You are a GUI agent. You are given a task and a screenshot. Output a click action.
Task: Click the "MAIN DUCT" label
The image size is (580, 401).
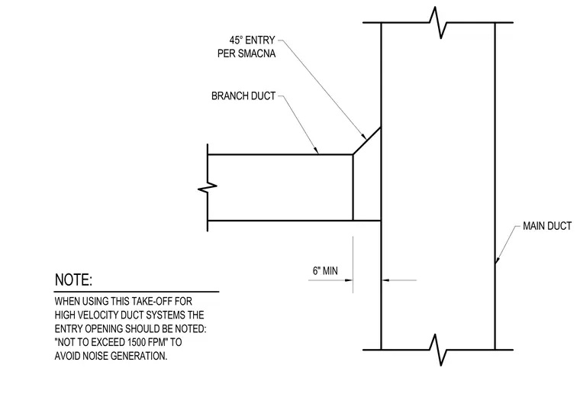click(547, 226)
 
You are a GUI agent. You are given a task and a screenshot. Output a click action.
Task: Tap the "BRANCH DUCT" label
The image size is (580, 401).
click(243, 96)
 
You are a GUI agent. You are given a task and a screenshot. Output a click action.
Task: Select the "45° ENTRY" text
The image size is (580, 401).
click(252, 40)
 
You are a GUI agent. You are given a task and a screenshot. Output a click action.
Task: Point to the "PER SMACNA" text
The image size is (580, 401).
click(246, 53)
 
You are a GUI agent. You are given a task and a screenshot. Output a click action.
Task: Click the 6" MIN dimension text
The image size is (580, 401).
click(325, 271)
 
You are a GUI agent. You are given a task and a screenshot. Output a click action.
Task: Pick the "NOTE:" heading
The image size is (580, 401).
click(73, 280)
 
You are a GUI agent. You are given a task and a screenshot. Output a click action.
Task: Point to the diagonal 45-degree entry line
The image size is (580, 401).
click(367, 141)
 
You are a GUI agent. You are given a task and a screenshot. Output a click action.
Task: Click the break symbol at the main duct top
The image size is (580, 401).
click(438, 22)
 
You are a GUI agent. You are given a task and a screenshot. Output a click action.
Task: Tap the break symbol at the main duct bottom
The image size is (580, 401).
click(438, 350)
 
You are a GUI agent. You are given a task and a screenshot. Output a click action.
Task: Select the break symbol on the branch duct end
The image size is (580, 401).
click(208, 188)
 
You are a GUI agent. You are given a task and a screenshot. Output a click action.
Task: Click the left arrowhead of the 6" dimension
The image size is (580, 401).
click(349, 280)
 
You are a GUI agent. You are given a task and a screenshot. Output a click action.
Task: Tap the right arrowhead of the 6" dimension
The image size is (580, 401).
click(386, 280)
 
